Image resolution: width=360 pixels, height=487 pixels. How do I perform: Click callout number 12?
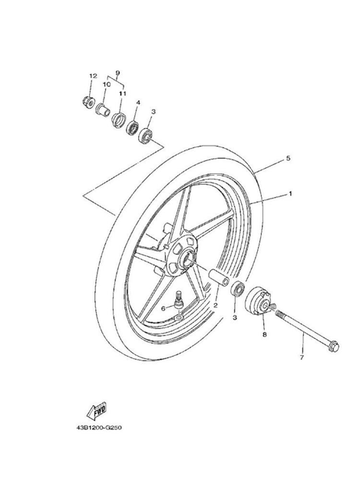(93, 76)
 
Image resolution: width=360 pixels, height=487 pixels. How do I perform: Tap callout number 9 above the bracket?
(117, 73)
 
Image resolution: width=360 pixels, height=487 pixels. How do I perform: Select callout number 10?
(107, 84)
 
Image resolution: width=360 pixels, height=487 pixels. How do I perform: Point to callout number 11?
(122, 93)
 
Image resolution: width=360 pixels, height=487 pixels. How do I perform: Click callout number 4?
(137, 102)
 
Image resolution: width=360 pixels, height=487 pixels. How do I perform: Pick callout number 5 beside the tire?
(288, 159)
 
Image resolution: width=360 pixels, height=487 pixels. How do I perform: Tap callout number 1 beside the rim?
(290, 193)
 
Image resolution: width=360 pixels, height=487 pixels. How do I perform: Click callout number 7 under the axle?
(302, 358)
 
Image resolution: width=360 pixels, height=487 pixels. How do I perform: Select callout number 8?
(265, 334)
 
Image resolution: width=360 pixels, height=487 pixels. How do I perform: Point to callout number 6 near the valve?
(163, 308)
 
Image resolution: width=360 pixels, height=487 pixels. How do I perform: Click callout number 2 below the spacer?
(215, 305)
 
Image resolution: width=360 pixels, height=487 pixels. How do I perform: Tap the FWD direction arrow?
(97, 412)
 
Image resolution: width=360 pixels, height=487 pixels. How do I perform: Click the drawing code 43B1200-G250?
(99, 428)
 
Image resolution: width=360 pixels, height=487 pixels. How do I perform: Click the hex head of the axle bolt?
(334, 346)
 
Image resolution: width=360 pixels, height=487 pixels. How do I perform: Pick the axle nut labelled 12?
(88, 101)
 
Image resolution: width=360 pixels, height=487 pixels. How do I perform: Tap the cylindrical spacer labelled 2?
(220, 278)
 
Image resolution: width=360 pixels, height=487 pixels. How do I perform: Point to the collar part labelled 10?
(103, 110)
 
